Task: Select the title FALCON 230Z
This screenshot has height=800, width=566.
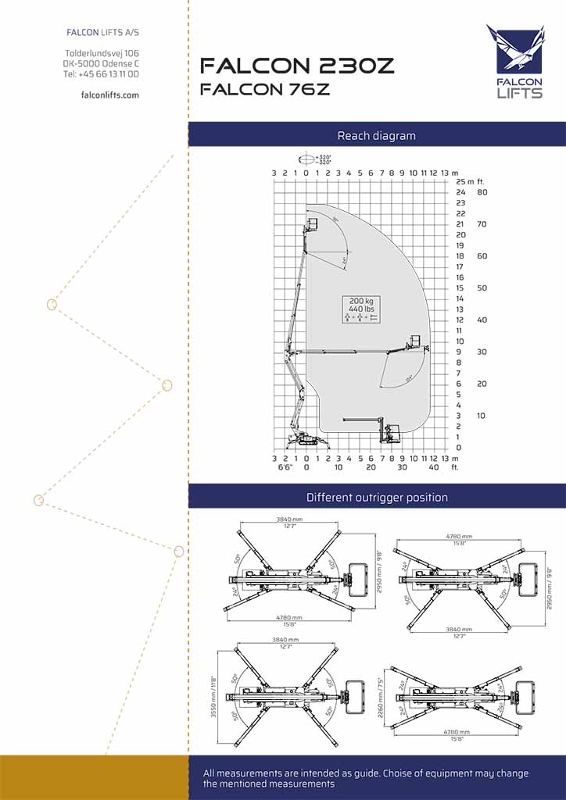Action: point(297,66)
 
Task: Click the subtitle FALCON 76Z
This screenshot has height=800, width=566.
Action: point(265,89)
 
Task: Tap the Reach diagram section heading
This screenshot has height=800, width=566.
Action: point(376,136)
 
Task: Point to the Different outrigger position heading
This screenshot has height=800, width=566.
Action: point(377,497)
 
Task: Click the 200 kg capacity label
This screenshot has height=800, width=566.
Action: point(360,302)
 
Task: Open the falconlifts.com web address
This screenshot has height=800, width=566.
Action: point(110,95)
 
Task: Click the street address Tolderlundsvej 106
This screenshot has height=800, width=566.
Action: point(102,53)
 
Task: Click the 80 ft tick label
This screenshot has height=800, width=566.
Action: point(482,192)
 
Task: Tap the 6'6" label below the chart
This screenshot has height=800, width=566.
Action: point(285,467)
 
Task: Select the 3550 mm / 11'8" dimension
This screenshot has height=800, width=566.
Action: point(213,696)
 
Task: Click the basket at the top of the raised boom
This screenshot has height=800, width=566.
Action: point(313,225)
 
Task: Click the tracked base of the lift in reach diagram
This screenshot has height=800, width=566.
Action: point(299,441)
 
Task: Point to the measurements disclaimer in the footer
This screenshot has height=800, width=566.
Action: point(366,778)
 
